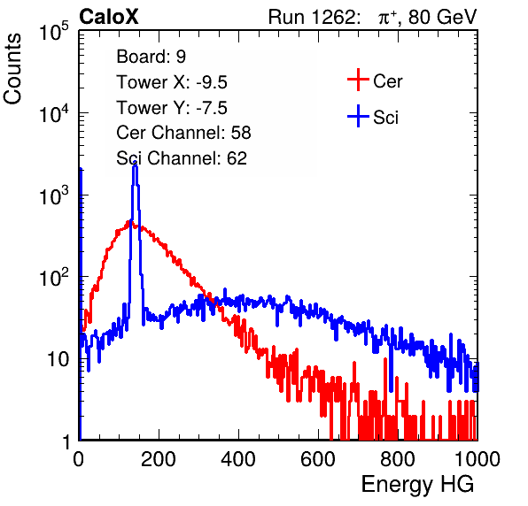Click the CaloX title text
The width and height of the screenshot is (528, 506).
tap(109, 17)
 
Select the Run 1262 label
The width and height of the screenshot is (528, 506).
tap(312, 17)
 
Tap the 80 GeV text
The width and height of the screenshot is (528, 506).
tap(443, 17)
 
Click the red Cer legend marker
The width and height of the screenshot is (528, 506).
tap(358, 80)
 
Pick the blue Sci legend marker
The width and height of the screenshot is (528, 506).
tap(358, 116)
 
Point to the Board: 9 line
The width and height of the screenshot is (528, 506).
tap(151, 57)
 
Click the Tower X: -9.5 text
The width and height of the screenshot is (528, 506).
tap(172, 82)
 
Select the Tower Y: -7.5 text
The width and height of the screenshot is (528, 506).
tap(172, 108)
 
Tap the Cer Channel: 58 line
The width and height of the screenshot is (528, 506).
tap(183, 133)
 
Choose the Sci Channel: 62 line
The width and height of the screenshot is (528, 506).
tap(182, 158)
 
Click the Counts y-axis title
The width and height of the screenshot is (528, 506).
tap(12, 69)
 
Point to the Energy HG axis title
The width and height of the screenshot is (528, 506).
tap(417, 485)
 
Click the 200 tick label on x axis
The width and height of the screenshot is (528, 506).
tap(159, 459)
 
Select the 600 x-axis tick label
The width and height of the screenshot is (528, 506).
tap(318, 459)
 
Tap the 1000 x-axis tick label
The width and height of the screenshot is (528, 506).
tap(478, 459)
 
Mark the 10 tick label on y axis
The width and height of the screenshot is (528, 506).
tap(58, 359)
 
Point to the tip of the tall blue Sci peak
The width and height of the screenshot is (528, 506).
tap(135, 163)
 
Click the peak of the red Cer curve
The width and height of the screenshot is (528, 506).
tap(128, 222)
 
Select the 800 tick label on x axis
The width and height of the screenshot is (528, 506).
tap(398, 459)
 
